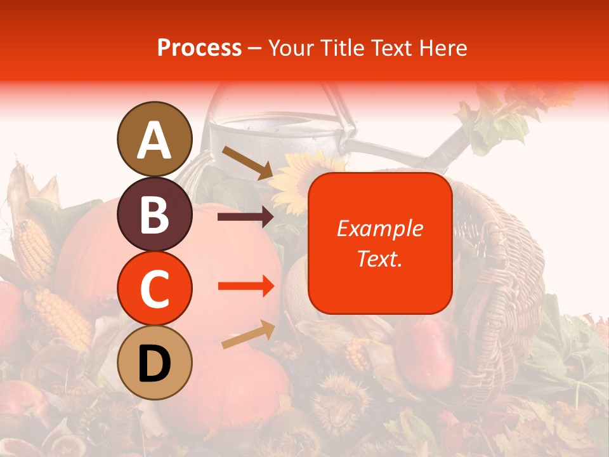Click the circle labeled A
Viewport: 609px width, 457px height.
(x=154, y=139)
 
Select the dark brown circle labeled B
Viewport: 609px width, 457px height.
(x=154, y=214)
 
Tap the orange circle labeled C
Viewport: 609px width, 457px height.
(x=154, y=288)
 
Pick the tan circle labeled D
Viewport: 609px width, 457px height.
(x=154, y=362)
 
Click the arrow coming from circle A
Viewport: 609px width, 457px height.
(x=247, y=162)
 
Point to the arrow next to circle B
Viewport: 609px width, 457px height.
(x=246, y=217)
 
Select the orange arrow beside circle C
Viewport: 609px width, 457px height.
(x=246, y=286)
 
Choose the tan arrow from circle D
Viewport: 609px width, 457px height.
(x=248, y=334)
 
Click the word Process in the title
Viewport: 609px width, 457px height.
(x=199, y=48)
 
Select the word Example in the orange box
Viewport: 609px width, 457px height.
(x=379, y=228)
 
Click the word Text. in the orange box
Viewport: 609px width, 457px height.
(x=379, y=258)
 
